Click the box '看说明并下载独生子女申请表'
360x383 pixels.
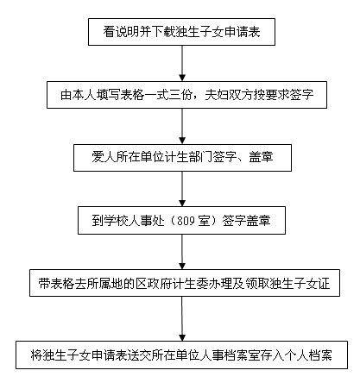coord(181,32)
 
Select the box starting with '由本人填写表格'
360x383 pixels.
coord(186,95)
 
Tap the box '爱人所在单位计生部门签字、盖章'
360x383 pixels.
coord(182,158)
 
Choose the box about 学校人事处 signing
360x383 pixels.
coord(181,221)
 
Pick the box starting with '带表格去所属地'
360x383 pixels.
coord(185,283)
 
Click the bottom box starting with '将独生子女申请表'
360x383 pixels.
coord(181,355)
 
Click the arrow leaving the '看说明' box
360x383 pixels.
coord(182,63)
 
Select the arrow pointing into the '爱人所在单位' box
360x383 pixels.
coord(182,126)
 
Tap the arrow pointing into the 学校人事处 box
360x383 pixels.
coord(182,189)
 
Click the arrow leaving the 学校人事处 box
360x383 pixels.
coord(182,252)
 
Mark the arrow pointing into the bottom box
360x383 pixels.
coord(182,318)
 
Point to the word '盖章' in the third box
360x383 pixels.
coord(261,158)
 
